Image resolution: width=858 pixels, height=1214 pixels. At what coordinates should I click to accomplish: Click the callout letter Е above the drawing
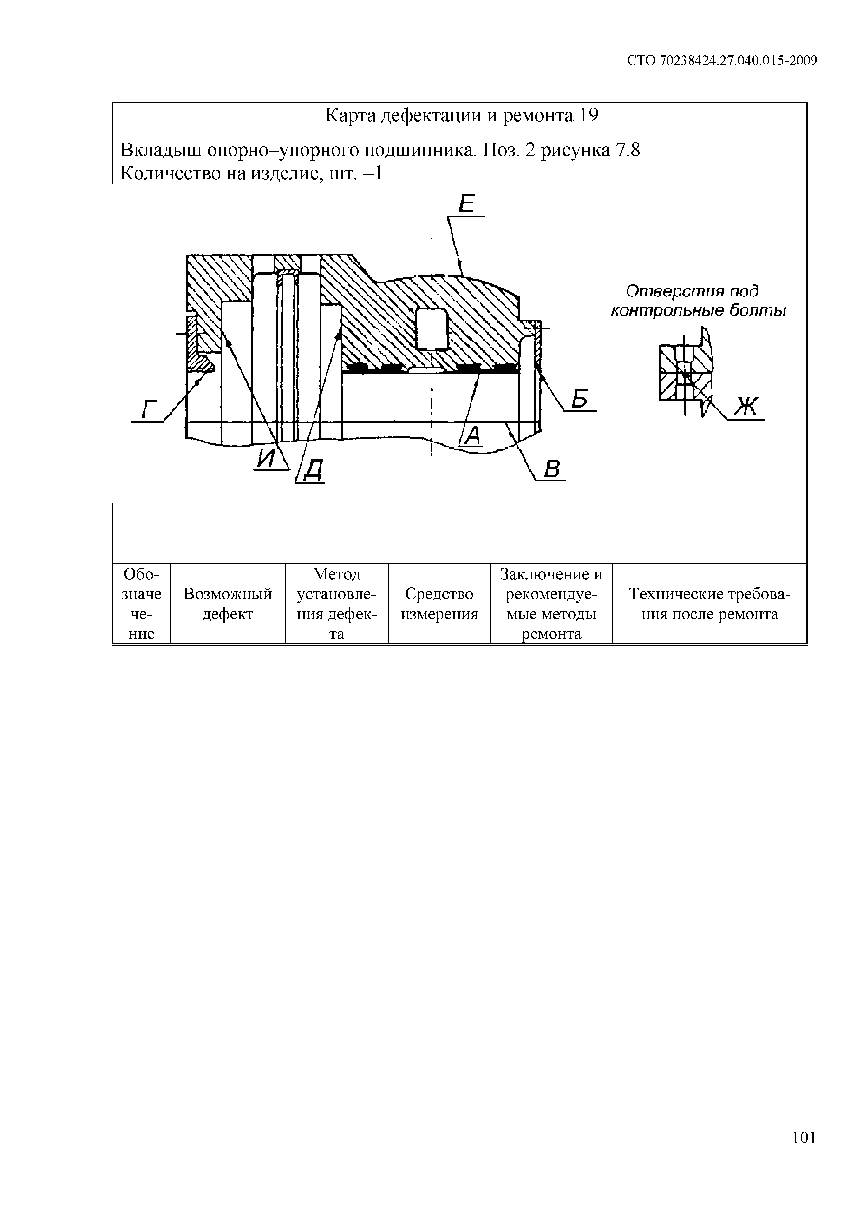pyautogui.click(x=467, y=203)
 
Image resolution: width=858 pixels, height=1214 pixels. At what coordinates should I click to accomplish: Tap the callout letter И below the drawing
pyautogui.click(x=267, y=457)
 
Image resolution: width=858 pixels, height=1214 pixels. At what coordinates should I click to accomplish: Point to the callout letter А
pyautogui.click(x=473, y=435)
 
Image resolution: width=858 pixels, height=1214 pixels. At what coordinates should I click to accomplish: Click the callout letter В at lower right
pyautogui.click(x=552, y=469)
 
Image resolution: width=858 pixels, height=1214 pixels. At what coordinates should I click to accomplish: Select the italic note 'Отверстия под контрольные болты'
pyautogui.click(x=698, y=300)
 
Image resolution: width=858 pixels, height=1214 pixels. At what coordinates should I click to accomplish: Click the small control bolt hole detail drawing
pyautogui.click(x=685, y=372)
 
